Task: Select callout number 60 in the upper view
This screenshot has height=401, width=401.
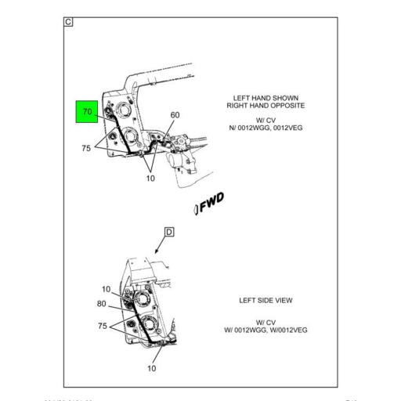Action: pos(175,115)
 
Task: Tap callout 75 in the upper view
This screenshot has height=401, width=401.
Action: pos(87,148)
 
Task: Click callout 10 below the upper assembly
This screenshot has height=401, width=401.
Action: pos(150,179)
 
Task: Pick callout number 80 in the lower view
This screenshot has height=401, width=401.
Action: pos(102,303)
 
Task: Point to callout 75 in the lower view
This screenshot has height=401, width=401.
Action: pos(102,325)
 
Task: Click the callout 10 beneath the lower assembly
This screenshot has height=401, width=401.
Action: pos(152,368)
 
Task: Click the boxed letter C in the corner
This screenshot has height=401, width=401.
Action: pos(68,22)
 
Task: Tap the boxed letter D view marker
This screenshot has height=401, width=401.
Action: pos(168,232)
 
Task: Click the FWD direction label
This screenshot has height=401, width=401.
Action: pos(210,204)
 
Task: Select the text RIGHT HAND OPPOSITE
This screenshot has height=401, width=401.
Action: pos(266,106)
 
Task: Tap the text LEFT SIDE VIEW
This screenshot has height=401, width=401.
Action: pos(266,300)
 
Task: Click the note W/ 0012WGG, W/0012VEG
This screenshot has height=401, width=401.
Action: pos(266,330)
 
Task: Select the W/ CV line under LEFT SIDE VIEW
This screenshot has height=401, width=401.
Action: pos(266,321)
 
